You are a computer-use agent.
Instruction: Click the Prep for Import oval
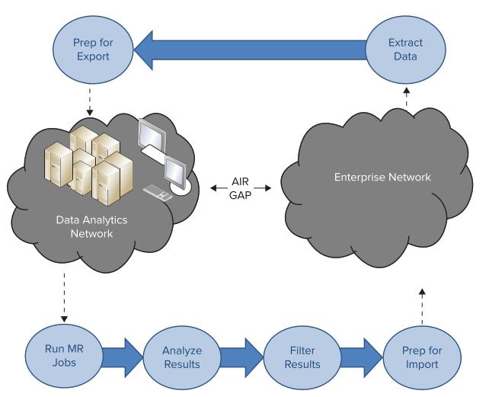[x=420, y=356]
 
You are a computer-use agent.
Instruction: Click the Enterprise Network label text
[x=382, y=178]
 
